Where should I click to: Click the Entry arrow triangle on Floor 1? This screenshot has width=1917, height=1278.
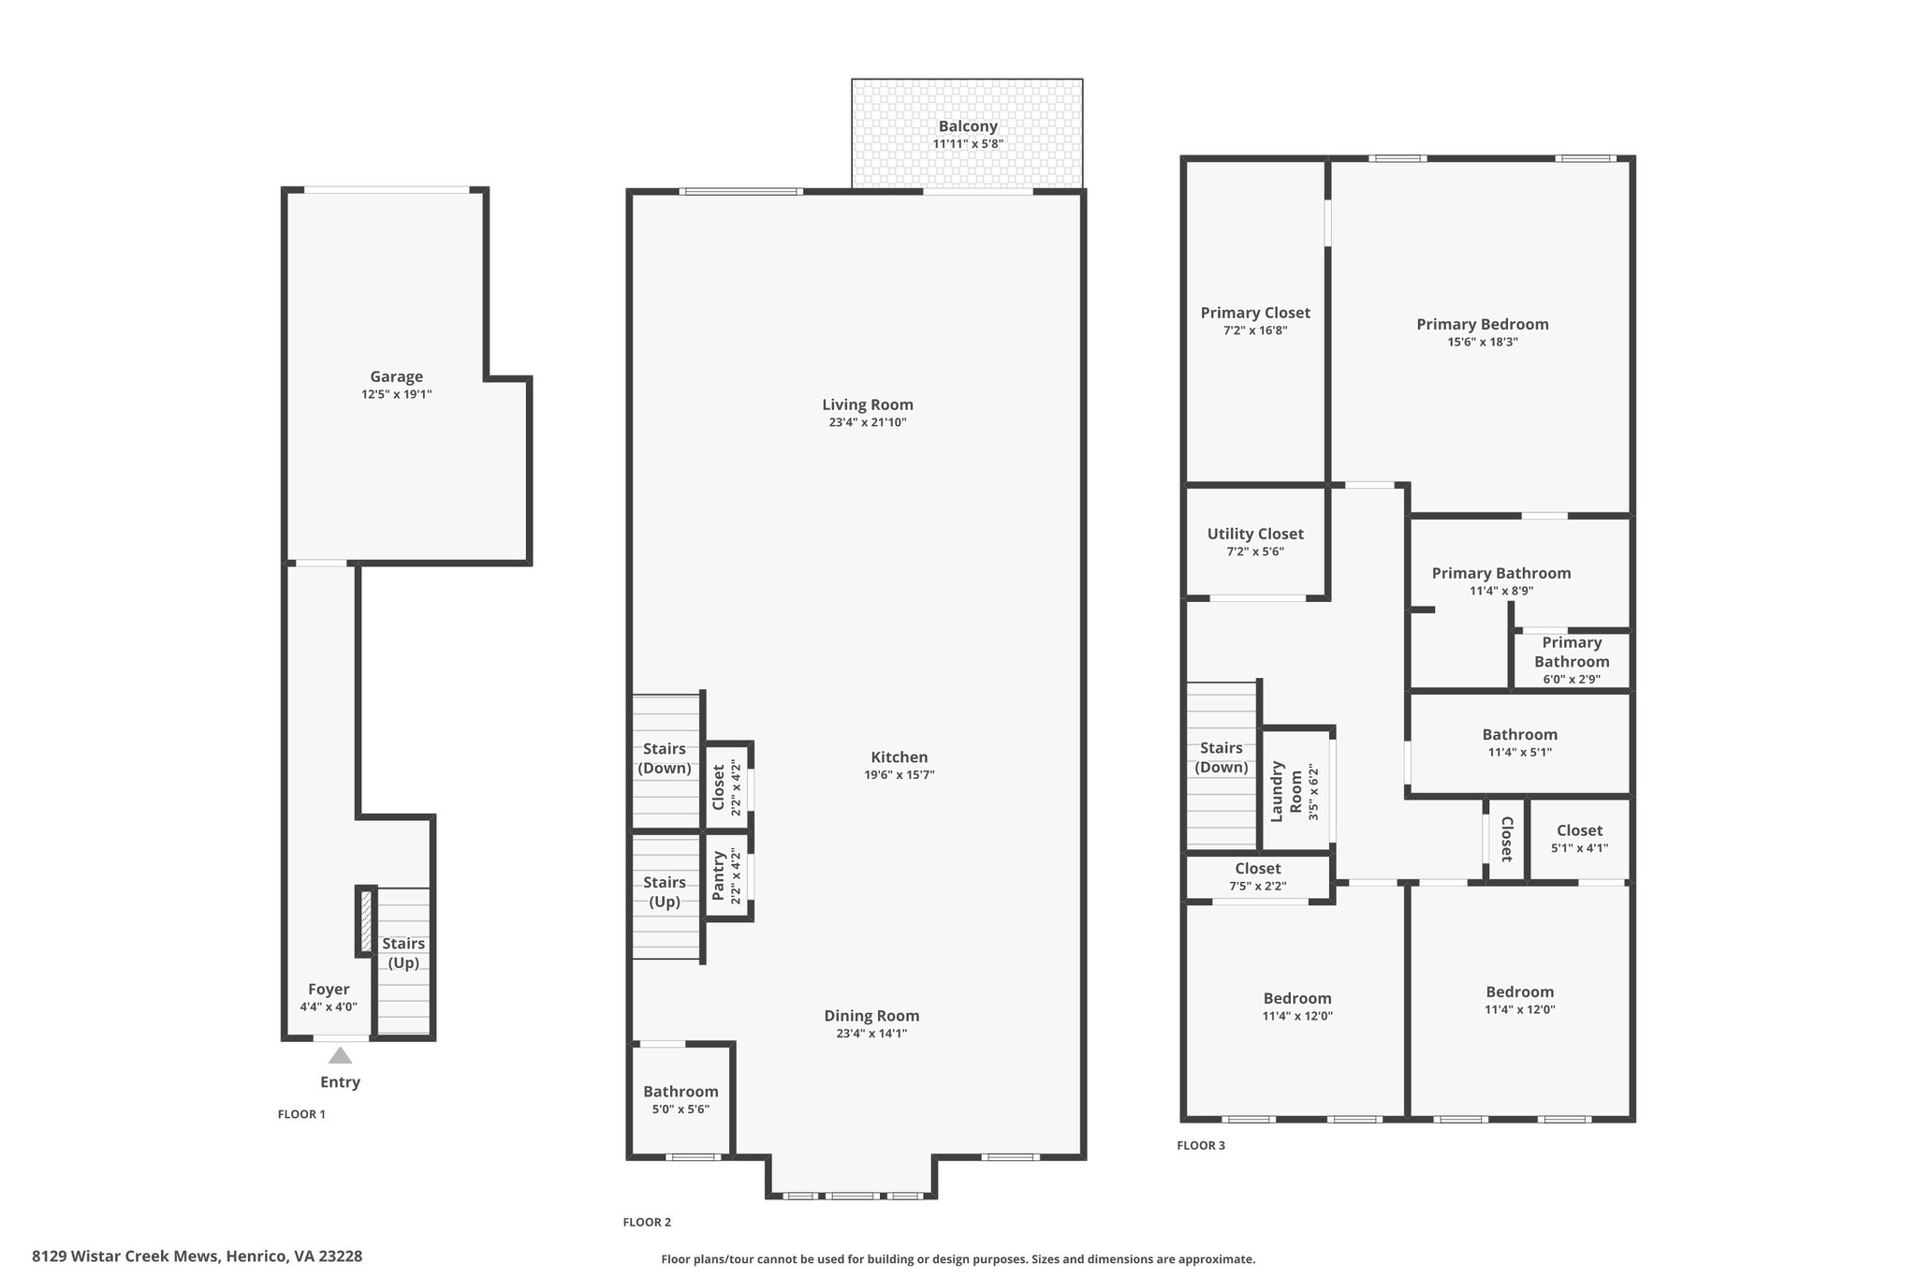340,1055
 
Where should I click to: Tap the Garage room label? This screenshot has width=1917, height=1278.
396,376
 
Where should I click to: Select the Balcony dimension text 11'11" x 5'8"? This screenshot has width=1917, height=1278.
968,144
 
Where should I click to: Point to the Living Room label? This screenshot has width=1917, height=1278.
868,404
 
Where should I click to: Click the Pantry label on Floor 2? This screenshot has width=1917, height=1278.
719,875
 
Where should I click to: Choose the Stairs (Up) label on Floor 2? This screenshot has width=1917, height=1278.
665,892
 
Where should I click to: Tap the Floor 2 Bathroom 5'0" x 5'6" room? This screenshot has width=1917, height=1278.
680,1101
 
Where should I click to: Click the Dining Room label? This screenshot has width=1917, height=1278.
871,1016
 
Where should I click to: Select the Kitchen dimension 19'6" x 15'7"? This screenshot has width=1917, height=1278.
900,775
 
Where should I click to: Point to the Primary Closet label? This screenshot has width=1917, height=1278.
1255,313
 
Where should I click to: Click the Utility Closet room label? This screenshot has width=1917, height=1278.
1255,534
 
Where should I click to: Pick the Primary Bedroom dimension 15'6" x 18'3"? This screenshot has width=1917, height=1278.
1483,343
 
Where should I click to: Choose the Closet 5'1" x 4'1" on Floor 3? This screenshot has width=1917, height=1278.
1579,839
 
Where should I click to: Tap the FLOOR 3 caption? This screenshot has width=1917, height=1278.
1201,1145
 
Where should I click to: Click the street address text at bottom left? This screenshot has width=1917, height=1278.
197,1256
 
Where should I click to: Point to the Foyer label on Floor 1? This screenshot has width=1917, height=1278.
329,990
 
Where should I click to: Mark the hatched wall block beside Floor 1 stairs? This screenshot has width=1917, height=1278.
366,920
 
